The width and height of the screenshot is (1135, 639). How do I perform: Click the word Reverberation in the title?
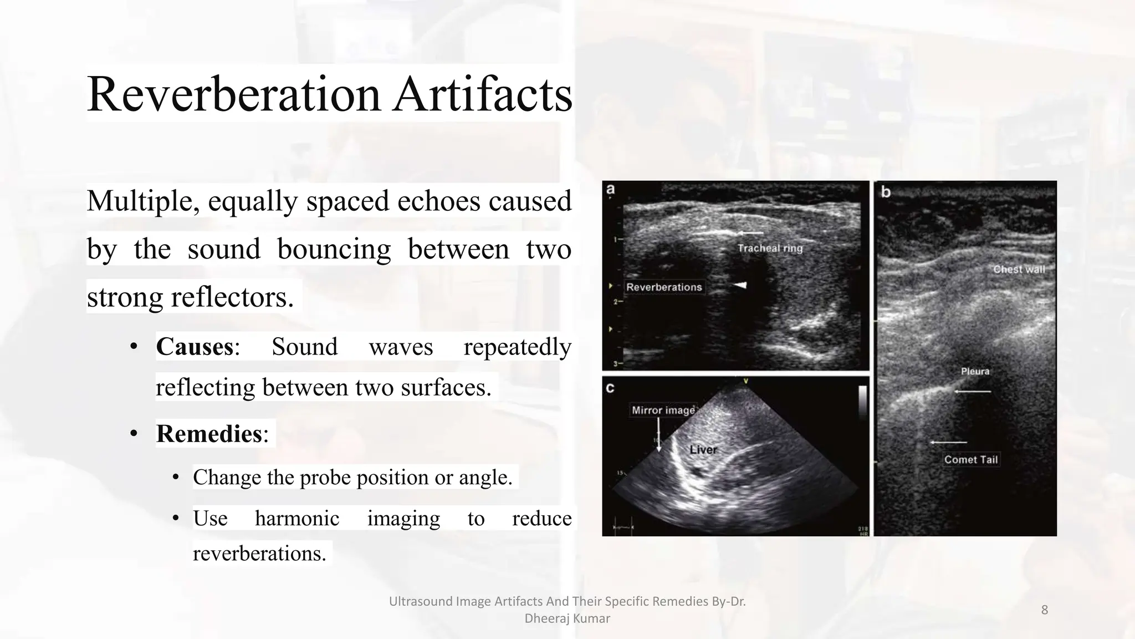pos(233,94)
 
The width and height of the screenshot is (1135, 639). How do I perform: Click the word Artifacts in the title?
pos(483,94)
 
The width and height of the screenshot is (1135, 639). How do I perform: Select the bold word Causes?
pos(195,347)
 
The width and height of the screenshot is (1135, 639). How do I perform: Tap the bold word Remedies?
pos(209,434)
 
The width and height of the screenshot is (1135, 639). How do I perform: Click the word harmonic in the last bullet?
pos(297,519)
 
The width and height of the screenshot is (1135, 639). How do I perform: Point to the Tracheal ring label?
pos(770,248)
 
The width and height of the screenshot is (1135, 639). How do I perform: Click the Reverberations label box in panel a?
pos(664,287)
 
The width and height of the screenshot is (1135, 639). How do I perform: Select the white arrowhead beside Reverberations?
pos(740,285)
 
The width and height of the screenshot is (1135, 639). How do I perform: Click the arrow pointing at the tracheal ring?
pos(750,233)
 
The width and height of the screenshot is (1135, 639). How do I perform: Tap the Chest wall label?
pos(1019,270)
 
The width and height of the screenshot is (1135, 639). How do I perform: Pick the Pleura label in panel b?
pos(975,371)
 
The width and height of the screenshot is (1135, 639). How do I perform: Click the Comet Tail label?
pos(971,459)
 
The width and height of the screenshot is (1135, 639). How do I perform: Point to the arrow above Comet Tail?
pos(948,442)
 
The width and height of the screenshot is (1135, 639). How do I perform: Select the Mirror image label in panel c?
pos(663,410)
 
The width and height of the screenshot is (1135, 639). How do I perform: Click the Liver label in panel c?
pos(703,449)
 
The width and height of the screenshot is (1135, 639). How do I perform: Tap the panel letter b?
pos(886,192)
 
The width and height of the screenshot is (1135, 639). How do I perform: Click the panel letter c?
pos(610,388)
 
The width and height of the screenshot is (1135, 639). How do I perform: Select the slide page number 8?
pos(1044,610)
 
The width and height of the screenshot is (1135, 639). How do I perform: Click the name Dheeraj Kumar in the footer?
pos(567,618)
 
